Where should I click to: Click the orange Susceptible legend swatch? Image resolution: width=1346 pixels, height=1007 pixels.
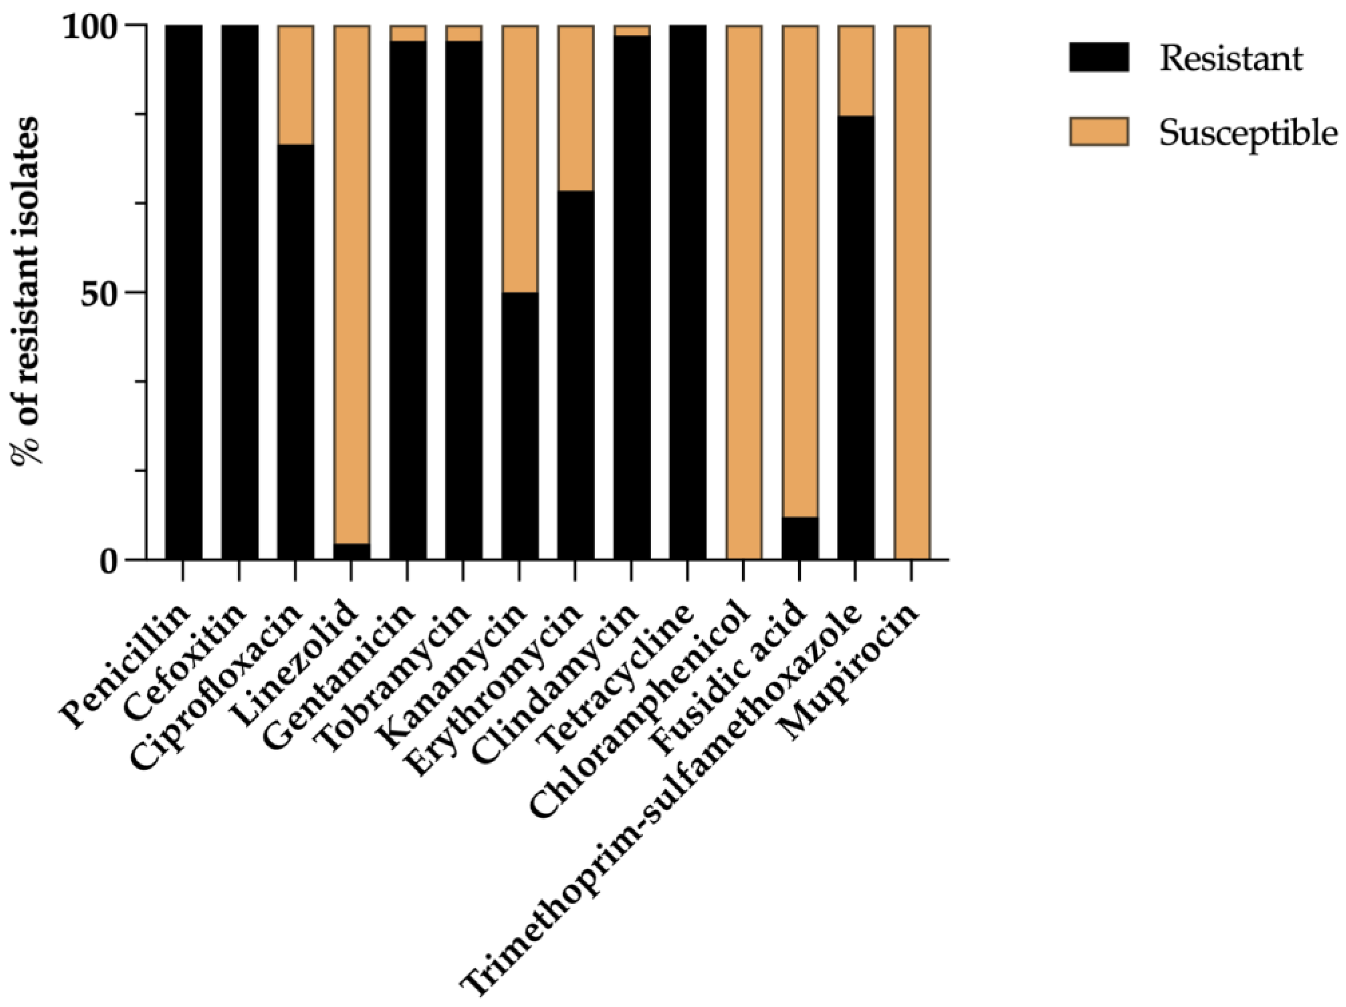[x=1098, y=132]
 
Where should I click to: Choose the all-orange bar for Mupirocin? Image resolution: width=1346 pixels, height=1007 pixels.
[x=912, y=292]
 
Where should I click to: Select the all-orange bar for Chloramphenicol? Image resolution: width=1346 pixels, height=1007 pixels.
[x=743, y=292]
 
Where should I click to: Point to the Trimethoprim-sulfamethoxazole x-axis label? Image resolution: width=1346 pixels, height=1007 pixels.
[x=663, y=796]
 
